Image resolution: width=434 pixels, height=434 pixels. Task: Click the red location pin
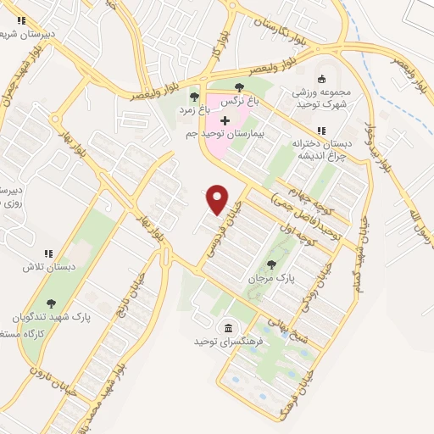point(218,198)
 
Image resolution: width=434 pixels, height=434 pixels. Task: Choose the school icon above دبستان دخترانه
point(320,130)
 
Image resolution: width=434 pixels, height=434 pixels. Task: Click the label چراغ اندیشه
point(320,154)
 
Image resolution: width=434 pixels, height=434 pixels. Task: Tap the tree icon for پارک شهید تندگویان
point(51,303)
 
